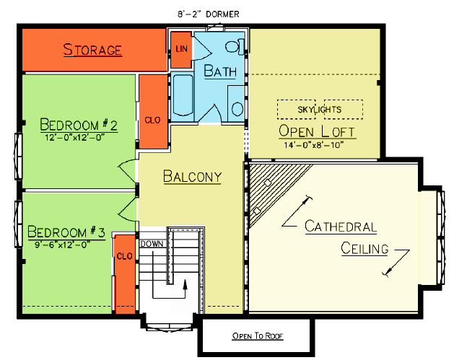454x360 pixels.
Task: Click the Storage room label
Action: coord(92,50)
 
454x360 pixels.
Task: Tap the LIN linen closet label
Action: coord(182,49)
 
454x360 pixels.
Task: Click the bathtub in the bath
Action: coord(183,95)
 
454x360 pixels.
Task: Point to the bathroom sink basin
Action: coord(237,109)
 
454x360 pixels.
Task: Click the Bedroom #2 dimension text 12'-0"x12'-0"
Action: coord(74,137)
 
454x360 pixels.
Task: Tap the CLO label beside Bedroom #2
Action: coord(152,120)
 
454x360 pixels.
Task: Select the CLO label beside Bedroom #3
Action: coord(124,256)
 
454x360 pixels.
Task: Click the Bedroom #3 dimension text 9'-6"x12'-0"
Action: coord(63,245)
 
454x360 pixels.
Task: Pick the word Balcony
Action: coord(193,176)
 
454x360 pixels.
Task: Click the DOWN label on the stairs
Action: coord(152,244)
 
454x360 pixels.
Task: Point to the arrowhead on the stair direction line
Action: coord(185,284)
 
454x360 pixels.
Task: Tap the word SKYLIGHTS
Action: coord(320,110)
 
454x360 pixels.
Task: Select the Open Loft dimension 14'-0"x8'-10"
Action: coord(314,145)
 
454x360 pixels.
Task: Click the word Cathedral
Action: coord(341,227)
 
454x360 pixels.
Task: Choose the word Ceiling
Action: coord(364,249)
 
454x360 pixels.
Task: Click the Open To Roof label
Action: coord(258,336)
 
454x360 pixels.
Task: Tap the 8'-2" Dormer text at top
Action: coord(209,14)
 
